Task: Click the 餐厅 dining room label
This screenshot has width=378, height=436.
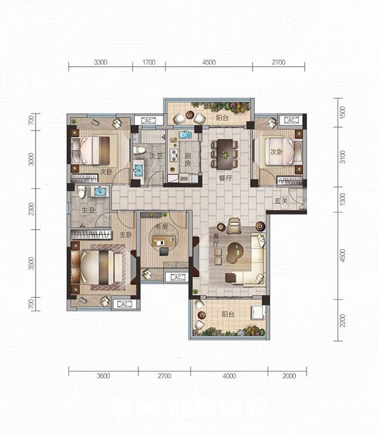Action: [225, 178]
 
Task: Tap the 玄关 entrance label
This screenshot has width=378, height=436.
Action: [281, 200]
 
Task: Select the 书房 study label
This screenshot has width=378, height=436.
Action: [161, 227]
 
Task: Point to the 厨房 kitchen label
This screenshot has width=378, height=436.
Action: [188, 159]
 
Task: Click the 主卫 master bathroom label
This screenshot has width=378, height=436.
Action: [88, 210]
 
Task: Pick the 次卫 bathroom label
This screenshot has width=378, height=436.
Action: [156, 156]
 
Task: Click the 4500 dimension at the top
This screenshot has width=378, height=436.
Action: [209, 62]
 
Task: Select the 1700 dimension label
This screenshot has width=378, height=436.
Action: [149, 62]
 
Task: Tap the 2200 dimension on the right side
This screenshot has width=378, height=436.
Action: [343, 321]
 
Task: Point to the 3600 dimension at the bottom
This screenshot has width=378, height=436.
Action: [103, 376]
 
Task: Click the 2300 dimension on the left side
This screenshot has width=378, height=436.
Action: [32, 209]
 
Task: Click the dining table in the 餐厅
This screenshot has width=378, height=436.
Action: [225, 154]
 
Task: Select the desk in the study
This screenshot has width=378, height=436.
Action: [164, 241]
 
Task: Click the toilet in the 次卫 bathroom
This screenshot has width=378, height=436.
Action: [139, 150]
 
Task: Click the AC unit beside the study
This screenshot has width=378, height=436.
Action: [177, 277]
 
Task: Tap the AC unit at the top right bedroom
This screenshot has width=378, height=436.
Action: [291, 120]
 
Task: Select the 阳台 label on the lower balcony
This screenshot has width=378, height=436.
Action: [228, 314]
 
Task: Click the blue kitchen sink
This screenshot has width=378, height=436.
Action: [185, 135]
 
